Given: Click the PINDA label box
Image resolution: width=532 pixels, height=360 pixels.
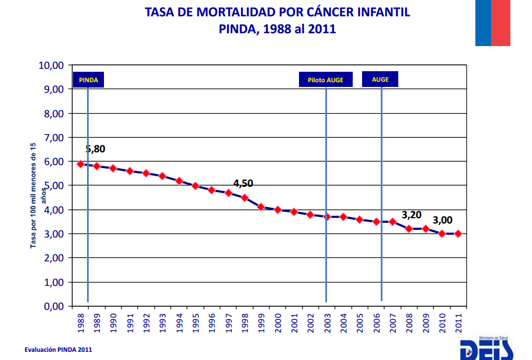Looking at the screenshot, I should coord(88,79).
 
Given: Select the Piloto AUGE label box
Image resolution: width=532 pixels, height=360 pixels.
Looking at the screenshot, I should coord(325,79).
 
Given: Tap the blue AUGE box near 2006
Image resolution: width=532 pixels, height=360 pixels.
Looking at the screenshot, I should coord(380,79).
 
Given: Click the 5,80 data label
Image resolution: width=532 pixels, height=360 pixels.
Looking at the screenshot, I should coord(95,149).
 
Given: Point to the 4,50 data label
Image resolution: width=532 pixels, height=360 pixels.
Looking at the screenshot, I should coord(243,183).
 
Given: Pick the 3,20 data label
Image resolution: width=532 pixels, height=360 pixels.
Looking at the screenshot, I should coord(411,214).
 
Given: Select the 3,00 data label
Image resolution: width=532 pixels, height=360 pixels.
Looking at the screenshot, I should coord(443,220).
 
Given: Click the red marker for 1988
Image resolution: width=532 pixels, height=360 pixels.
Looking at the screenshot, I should coord(81,164).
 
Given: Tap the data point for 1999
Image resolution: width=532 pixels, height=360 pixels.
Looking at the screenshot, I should coord(261,207).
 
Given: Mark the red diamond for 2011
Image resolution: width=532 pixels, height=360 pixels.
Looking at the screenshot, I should coord(458,233).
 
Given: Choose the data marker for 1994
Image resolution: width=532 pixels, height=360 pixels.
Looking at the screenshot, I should coord(179,181).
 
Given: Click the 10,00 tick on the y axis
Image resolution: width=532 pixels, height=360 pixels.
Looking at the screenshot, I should coord(50,65).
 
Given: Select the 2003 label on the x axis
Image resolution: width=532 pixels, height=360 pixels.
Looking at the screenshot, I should coord(327,322).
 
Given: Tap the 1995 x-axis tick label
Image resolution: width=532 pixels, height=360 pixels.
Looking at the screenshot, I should coord(196,322).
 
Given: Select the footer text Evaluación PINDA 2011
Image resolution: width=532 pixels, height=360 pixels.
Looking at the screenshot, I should coord(58,349).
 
